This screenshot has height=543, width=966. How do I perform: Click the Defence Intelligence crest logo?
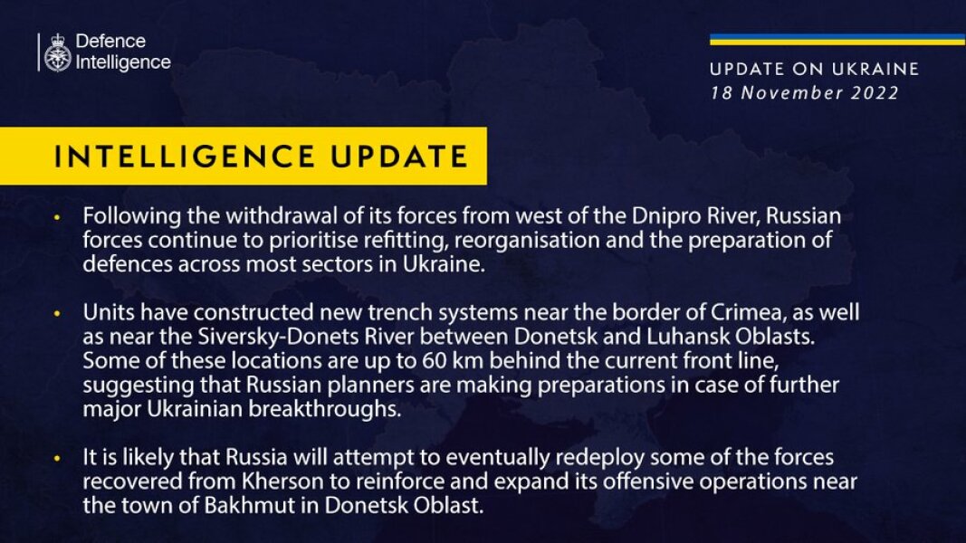tap(56, 52)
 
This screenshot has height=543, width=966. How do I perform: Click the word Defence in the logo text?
tap(110, 42)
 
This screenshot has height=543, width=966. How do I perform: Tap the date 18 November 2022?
tap(804, 92)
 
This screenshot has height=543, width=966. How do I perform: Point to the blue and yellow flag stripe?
tap(837, 40)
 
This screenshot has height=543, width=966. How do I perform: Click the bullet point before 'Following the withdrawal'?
tap(57, 218)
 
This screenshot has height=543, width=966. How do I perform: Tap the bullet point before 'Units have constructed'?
tap(57, 313)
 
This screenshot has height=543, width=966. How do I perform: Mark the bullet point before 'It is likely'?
tap(57, 459)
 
